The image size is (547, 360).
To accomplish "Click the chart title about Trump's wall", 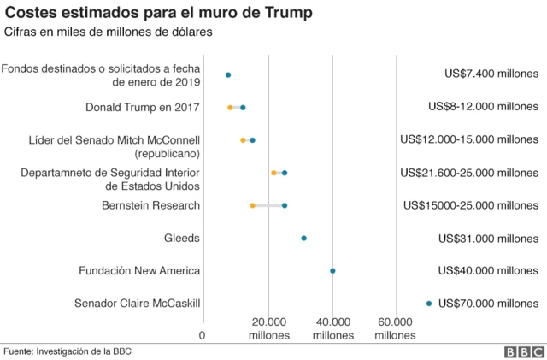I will pyautogui.click(x=159, y=13).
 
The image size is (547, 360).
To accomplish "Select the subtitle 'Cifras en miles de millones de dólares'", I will pyautogui.click(x=109, y=32).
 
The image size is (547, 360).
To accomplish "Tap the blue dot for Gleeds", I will pyautogui.click(x=303, y=238).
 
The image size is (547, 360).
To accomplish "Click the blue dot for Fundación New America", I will pyautogui.click(x=332, y=271).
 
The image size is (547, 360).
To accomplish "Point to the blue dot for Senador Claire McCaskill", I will pyautogui.click(x=429, y=303).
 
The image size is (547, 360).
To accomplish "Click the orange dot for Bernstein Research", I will pyautogui.click(x=252, y=205).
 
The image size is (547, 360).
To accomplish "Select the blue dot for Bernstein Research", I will pyautogui.click(x=285, y=205).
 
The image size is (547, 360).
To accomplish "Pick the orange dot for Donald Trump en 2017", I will pyautogui.click(x=230, y=108).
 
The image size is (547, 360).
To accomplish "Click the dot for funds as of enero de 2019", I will pyautogui.click(x=228, y=75).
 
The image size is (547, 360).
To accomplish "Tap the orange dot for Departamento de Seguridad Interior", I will pyautogui.click(x=273, y=173).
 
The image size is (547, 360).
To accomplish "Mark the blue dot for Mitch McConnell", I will pyautogui.click(x=252, y=140).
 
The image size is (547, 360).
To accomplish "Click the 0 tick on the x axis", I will pyautogui.click(x=203, y=335).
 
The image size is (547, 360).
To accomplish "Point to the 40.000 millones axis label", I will pyautogui.click(x=332, y=328).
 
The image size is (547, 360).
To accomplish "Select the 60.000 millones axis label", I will pyautogui.click(x=396, y=328).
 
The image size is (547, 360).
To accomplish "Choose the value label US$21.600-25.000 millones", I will pyautogui.click(x=469, y=173).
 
